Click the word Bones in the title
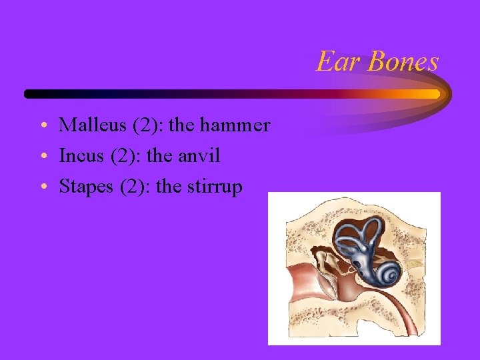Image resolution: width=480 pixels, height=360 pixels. click(403, 62)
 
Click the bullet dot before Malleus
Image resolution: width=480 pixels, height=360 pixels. click(42, 126)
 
